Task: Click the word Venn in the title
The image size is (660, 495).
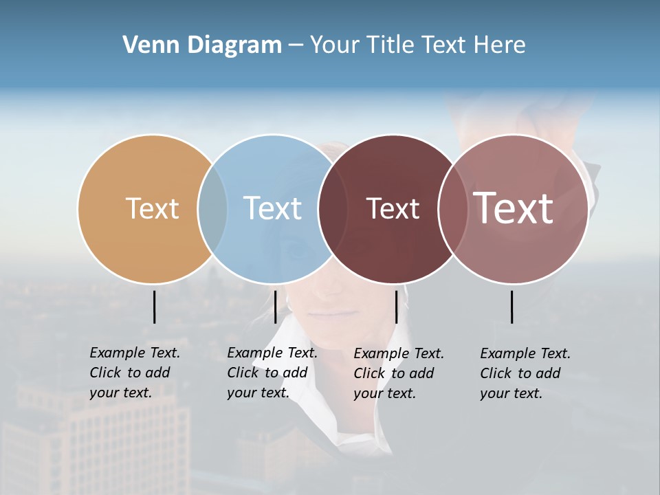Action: click(145, 45)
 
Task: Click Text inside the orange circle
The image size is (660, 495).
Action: click(152, 208)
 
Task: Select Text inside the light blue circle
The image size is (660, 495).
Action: click(272, 208)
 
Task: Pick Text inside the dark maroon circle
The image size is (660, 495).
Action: click(393, 208)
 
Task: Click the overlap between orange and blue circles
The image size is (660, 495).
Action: click(212, 209)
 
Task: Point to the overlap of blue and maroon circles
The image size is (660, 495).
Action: click(333, 209)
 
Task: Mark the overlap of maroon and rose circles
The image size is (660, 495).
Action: click(452, 209)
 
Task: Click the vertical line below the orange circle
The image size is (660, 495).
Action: click(154, 307)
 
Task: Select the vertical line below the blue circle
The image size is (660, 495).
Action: click(275, 307)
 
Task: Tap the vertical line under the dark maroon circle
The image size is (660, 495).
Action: click(396, 307)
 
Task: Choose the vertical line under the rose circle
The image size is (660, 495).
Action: click(511, 307)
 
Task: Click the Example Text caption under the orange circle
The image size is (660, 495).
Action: click(134, 373)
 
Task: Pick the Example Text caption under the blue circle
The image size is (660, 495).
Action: click(272, 373)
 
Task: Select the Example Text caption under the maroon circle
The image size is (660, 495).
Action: click(398, 373)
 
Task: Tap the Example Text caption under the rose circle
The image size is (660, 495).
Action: click(525, 373)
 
